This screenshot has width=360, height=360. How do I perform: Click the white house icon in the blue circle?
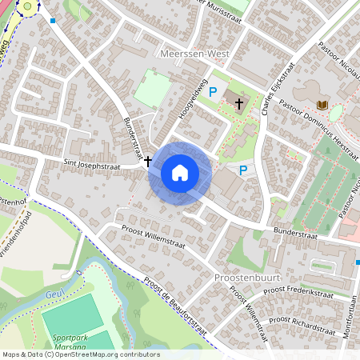[180, 172]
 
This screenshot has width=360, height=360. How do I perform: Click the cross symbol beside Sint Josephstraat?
[148, 161]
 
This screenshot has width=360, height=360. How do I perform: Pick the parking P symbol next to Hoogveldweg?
[213, 93]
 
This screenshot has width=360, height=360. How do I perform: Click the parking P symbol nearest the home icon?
[243, 170]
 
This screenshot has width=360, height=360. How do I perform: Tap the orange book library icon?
[322, 105]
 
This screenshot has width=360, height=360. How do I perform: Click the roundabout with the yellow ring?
[30, 7]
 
